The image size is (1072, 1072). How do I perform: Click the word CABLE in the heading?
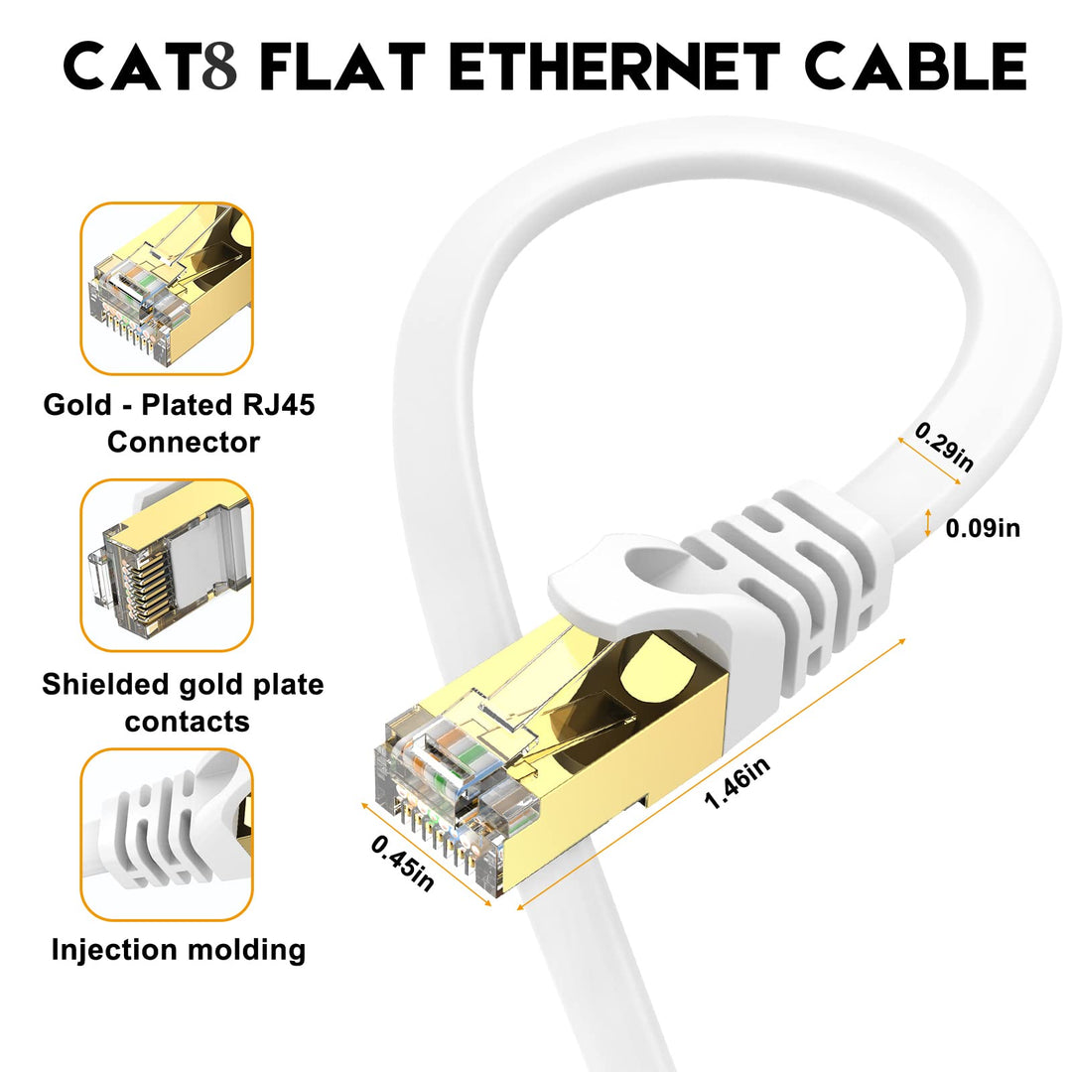pos(915,67)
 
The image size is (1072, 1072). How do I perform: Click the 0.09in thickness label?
pos(982,528)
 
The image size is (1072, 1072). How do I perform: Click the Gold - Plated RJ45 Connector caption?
pos(180,423)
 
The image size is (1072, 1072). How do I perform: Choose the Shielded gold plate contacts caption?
pos(183,703)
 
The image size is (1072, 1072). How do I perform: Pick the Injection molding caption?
pos(179,950)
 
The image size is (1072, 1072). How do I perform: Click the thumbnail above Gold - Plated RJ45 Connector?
pos(167,288)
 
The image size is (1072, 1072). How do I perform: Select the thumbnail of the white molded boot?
pos(167,834)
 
